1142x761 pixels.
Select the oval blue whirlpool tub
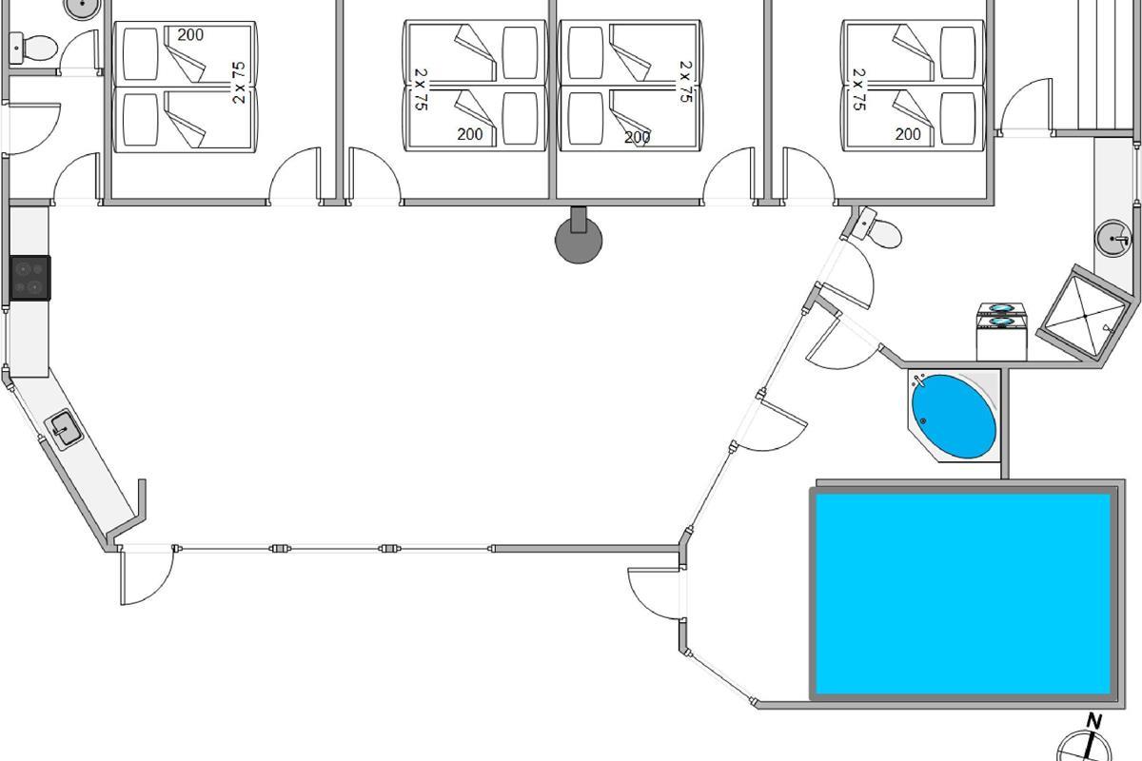coord(954,416)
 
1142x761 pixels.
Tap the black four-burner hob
coord(30,278)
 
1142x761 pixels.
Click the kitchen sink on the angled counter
coord(64,430)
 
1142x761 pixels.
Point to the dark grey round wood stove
coord(579,240)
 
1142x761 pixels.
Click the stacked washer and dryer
coord(1001,331)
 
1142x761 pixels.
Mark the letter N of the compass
coord(1094,721)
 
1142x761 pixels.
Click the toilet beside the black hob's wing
coord(33,49)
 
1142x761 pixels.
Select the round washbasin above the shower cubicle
coord(1112,238)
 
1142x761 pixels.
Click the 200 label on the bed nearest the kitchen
coord(190,35)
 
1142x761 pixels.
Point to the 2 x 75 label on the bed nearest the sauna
coord(859,89)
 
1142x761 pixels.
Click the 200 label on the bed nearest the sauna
coord(908,134)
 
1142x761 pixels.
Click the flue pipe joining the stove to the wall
coord(579,219)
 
